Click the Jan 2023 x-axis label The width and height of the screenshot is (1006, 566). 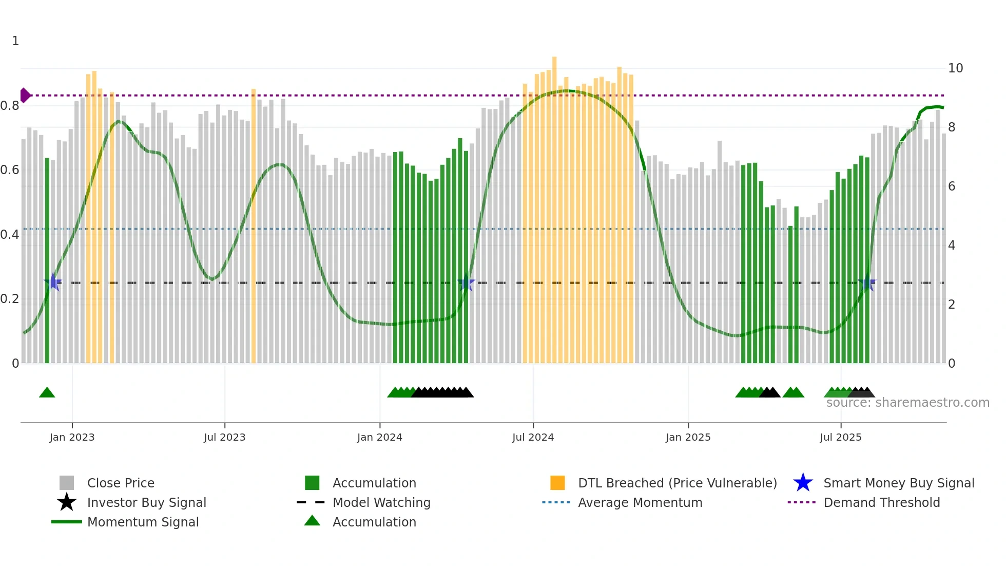(x=72, y=437)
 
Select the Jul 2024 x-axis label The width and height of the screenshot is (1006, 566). (x=533, y=437)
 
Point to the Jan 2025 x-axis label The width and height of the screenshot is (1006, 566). (x=688, y=437)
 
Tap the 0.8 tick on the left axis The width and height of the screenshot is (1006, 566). (x=10, y=106)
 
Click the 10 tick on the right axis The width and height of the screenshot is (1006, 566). (x=955, y=68)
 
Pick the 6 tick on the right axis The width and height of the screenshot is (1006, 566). (x=952, y=186)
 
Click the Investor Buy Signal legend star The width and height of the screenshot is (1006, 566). (x=67, y=502)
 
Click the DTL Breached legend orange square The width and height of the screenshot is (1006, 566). (x=557, y=483)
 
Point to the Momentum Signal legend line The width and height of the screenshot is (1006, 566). (x=67, y=522)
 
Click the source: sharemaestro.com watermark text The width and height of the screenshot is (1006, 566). (x=907, y=403)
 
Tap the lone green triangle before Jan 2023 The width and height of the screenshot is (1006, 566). (x=47, y=393)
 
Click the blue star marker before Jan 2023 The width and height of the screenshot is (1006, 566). (x=53, y=282)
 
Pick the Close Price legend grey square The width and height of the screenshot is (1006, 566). (x=67, y=483)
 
